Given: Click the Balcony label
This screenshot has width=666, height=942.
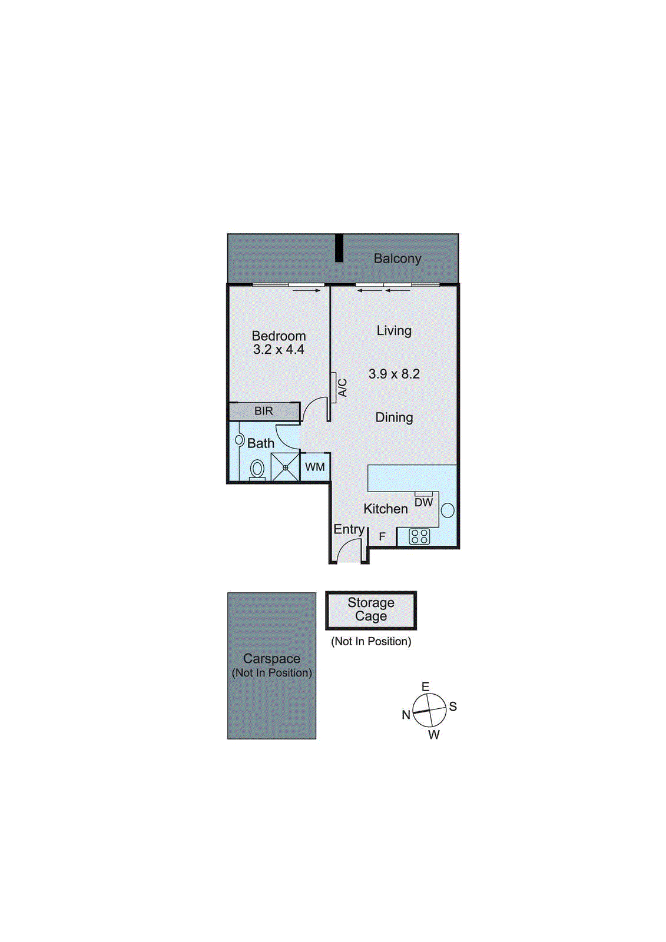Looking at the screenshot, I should tap(397, 258).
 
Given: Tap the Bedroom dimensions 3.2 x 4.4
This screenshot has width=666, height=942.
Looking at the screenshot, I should tap(279, 350).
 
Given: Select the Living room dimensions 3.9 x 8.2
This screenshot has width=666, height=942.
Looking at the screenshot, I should tap(394, 374).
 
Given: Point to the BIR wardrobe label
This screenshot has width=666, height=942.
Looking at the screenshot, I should tap(264, 411).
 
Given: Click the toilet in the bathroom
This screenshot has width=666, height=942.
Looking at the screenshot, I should tap(257, 469).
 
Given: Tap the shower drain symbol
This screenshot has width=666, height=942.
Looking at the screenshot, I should tap(285, 468).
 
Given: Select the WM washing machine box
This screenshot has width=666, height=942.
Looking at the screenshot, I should tap(315, 467).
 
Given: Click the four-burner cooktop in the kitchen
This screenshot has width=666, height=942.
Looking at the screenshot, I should tap(419, 536).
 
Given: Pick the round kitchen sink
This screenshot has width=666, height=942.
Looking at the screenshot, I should tap(448, 510).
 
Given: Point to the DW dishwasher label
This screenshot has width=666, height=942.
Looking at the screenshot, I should tap(423, 502).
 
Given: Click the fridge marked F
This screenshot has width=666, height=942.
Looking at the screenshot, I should tap(382, 537).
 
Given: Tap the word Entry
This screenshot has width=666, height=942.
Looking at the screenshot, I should tap(349, 529).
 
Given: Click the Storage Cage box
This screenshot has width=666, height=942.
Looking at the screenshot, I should tap(371, 610).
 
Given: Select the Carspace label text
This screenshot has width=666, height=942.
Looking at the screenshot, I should tap(271, 659).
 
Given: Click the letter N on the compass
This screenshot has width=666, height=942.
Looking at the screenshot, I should tap(406, 715).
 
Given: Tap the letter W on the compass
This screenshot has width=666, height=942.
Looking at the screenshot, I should tap(434, 735).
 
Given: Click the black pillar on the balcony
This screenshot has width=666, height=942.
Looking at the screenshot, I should tap(339, 248).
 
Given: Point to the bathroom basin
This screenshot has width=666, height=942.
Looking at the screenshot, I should tap(240, 440).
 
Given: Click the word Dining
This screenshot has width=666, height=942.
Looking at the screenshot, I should tap(394, 417).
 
